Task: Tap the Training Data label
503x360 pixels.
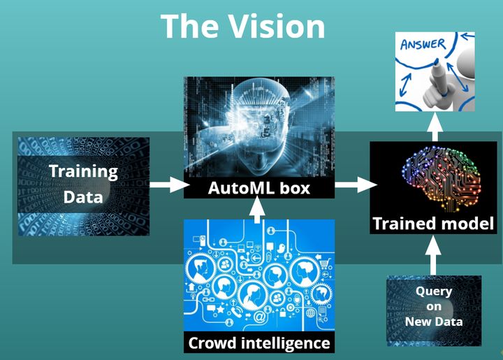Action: (83, 183)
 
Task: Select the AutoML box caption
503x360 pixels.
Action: (258, 188)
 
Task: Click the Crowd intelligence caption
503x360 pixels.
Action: (258, 343)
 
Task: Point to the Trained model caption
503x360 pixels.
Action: (433, 224)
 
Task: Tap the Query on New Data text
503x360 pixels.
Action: (434, 306)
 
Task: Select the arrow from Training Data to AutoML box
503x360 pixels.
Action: (170, 185)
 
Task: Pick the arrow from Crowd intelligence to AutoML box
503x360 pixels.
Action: (258, 209)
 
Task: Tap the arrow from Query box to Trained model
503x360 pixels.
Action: (433, 255)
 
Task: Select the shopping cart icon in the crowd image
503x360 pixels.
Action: (323, 263)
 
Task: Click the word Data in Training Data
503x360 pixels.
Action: (83, 196)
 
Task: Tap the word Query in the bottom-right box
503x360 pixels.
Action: (434, 291)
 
